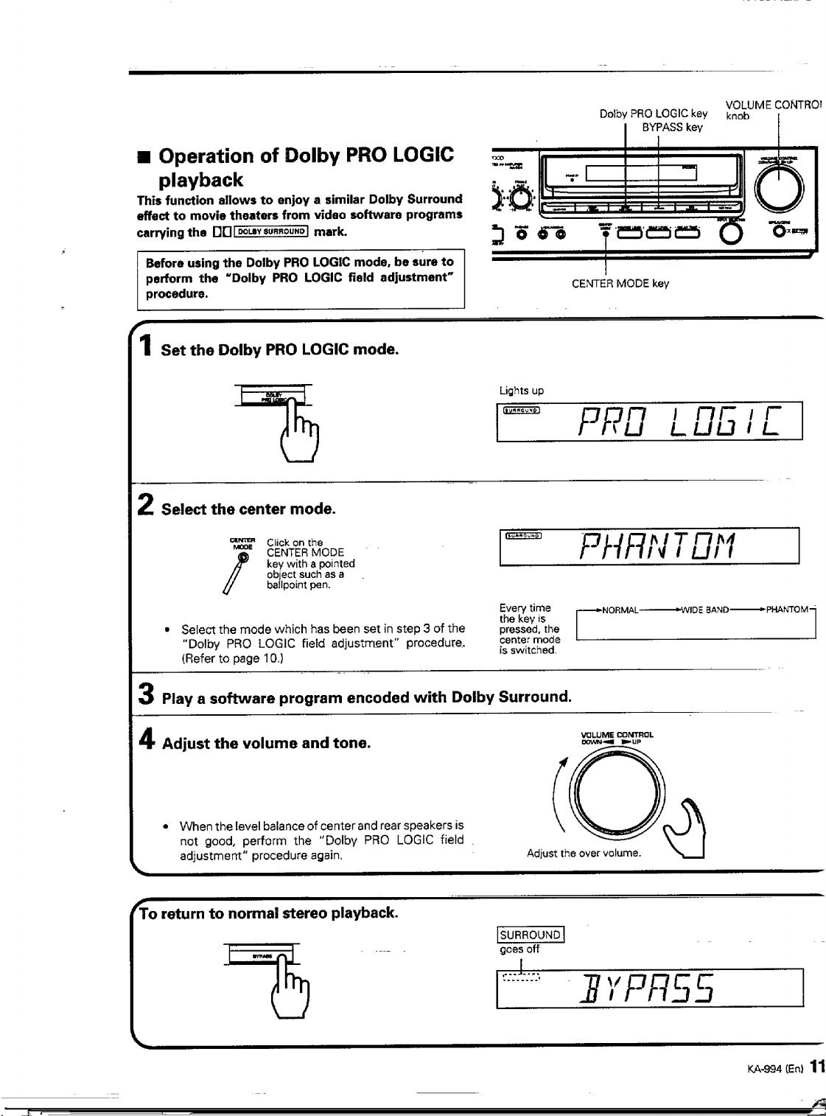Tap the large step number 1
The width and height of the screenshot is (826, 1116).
(x=146, y=346)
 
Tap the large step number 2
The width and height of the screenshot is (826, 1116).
(x=146, y=506)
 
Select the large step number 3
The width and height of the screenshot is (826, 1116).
(x=147, y=694)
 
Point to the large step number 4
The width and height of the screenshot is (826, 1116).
(x=147, y=739)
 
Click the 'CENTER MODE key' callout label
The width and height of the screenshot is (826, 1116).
(x=620, y=284)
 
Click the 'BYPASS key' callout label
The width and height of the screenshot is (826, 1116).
(x=672, y=127)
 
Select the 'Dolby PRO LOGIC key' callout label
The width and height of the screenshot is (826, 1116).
(x=653, y=114)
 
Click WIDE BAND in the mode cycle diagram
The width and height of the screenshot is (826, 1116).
(x=705, y=610)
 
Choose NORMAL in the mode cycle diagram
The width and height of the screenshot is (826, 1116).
(x=620, y=610)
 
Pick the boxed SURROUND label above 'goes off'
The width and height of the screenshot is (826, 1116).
(x=531, y=935)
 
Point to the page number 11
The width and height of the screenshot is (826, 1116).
(x=816, y=1067)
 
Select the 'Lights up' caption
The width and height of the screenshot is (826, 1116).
(x=521, y=391)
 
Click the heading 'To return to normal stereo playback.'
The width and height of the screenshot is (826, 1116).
(x=269, y=913)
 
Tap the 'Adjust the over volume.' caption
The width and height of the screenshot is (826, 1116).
(x=584, y=853)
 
